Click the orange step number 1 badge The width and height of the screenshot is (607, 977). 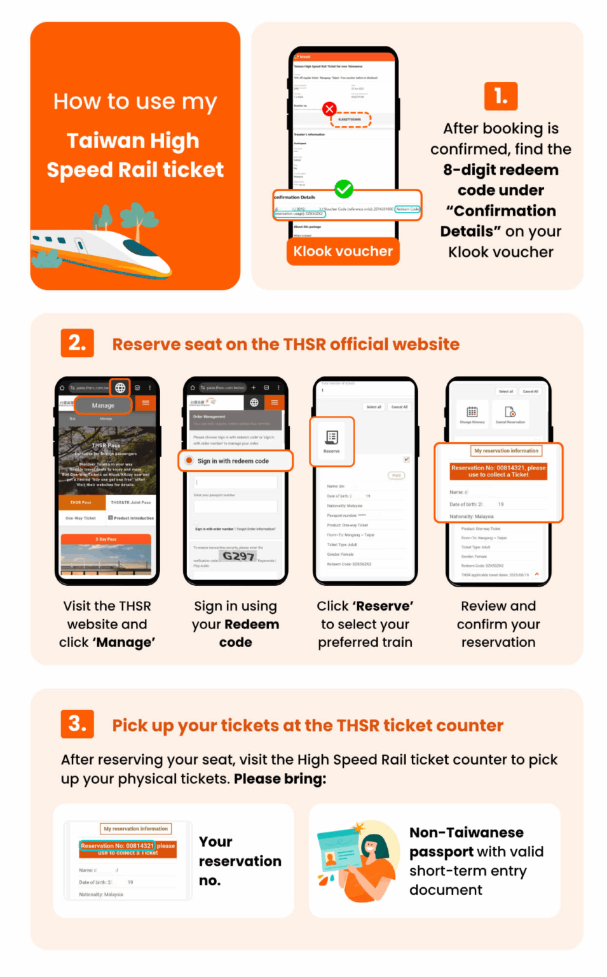point(500,96)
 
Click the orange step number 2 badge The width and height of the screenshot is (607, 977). point(77,343)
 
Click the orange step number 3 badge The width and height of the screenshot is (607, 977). point(77,724)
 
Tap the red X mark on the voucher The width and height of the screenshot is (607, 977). point(329,109)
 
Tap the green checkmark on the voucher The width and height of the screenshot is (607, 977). point(344,189)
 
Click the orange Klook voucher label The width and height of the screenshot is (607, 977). point(343,251)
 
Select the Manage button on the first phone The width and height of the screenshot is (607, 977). point(103,405)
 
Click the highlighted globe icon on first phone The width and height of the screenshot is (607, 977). point(120,387)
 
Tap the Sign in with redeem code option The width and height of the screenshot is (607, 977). point(234,461)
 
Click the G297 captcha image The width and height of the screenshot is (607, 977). point(238,557)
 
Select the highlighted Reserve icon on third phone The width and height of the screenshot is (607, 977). point(332,440)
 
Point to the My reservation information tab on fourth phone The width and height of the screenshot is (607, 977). point(506,451)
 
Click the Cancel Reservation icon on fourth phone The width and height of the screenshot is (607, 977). point(510,414)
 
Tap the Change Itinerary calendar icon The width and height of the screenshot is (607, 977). point(472,414)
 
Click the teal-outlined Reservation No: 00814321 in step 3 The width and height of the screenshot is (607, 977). point(118,846)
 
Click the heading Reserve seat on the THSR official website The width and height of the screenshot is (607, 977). point(285,344)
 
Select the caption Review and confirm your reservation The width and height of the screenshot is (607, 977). point(498,624)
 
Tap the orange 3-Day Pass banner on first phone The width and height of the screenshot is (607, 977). point(106,539)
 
